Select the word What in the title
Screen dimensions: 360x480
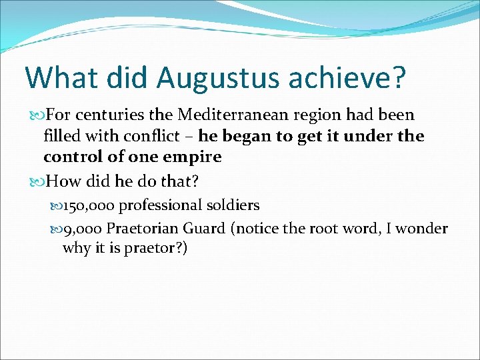(55, 77)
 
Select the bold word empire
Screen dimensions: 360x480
(193, 157)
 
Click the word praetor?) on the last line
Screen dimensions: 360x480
(157, 248)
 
